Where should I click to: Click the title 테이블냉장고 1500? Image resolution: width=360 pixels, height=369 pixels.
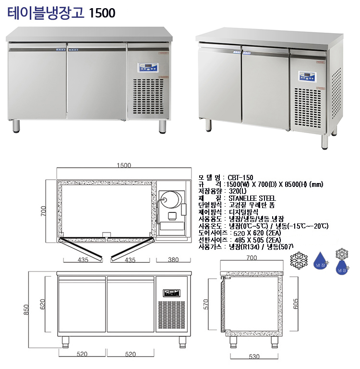pyautogui.click(x=62, y=13)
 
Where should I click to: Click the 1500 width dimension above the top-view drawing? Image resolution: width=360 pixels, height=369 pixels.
pyautogui.click(x=124, y=165)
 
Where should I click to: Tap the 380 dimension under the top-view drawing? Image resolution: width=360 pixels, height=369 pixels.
pyautogui.click(x=173, y=260)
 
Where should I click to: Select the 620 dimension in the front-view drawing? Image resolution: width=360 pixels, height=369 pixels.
pyautogui.click(x=43, y=304)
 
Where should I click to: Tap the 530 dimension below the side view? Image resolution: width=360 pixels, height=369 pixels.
pyautogui.click(x=254, y=357)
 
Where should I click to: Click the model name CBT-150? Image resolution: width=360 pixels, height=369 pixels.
pyautogui.click(x=240, y=177)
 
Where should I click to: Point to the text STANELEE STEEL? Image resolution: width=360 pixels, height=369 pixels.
pyautogui.click(x=252, y=197)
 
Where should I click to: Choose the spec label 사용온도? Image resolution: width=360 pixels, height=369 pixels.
pyautogui.click(x=210, y=226)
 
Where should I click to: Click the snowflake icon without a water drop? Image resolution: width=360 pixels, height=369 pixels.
pyautogui.click(x=299, y=260)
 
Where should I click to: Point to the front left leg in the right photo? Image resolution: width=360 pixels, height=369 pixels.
pyautogui.click(x=208, y=124)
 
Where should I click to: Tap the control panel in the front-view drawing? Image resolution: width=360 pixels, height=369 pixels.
pyautogui.click(x=171, y=292)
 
